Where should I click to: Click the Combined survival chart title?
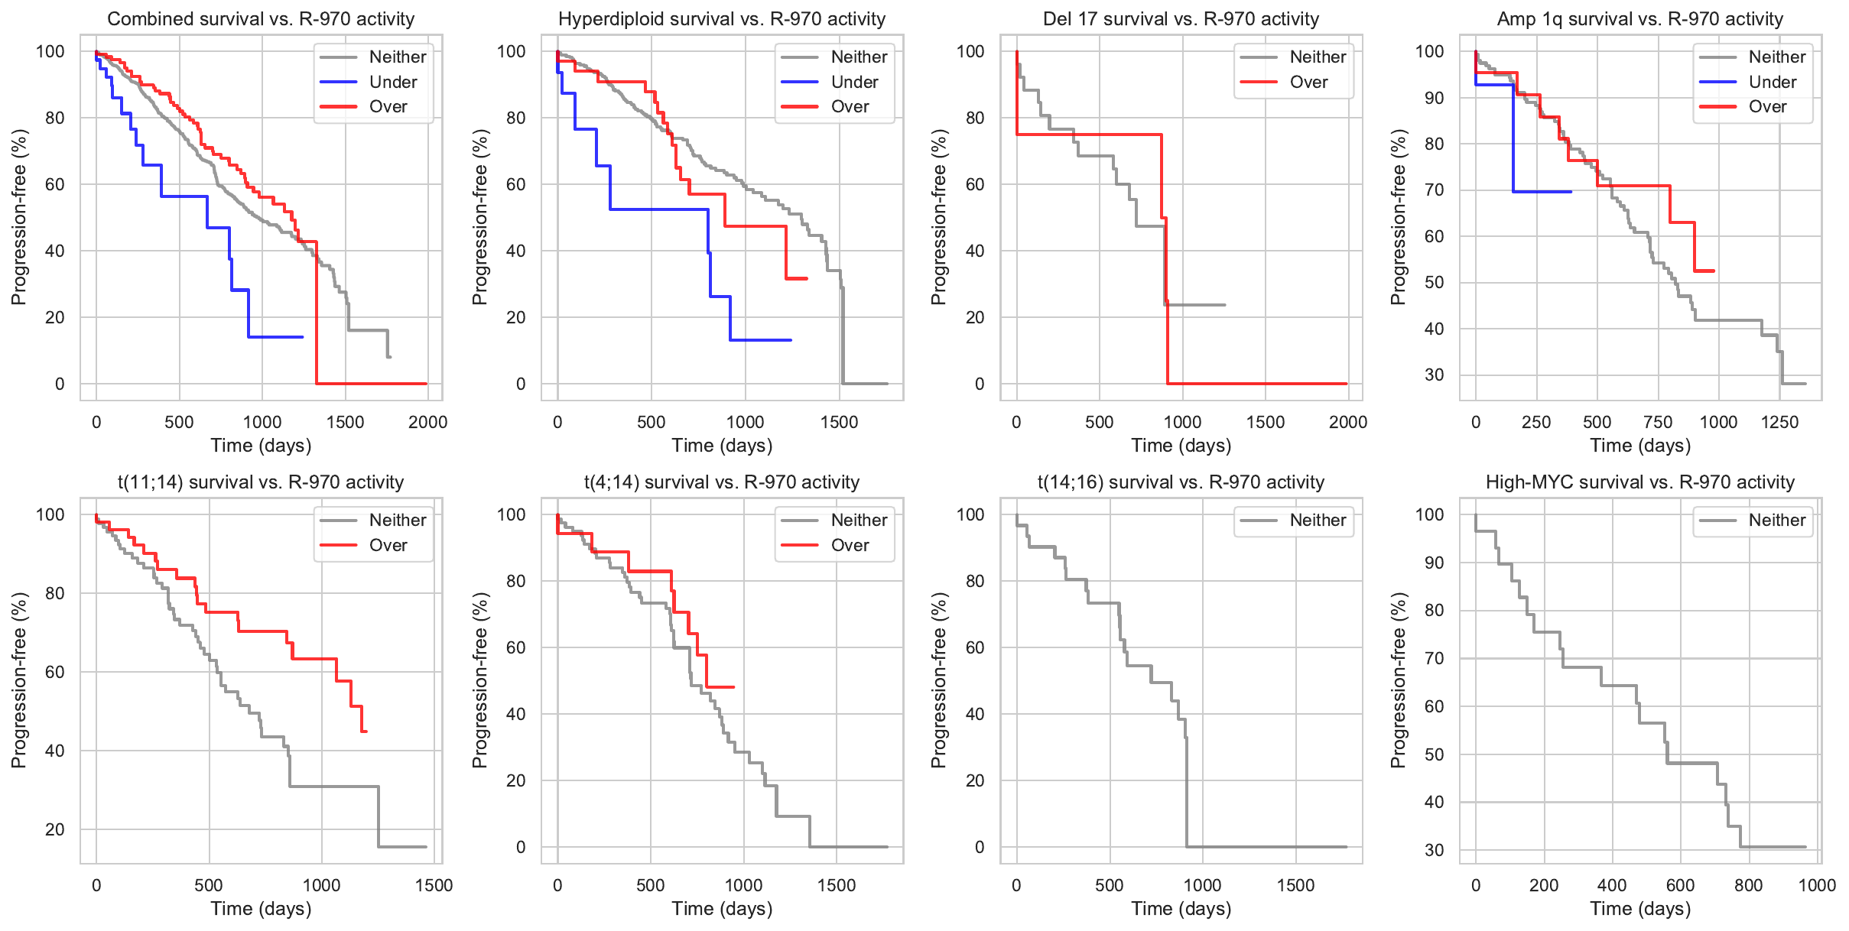(261, 19)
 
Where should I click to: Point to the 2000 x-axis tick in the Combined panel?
(427, 422)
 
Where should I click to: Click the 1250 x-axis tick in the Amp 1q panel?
(1779, 422)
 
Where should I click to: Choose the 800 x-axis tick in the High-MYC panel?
(1749, 885)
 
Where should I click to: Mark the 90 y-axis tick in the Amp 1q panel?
(1434, 98)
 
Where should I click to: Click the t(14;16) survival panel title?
(1181, 482)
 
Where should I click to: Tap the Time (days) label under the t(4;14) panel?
(722, 909)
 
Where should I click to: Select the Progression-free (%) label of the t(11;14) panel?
(19, 680)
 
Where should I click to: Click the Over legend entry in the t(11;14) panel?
(388, 545)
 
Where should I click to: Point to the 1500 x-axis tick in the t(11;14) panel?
(434, 885)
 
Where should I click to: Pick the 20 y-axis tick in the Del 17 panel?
(975, 317)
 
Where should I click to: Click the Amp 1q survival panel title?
(1639, 19)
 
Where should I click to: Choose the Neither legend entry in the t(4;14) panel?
(859, 521)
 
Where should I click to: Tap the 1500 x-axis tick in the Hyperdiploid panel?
(839, 422)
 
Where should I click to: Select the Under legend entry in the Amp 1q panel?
(1772, 82)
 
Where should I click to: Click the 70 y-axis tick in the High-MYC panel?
(1434, 658)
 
